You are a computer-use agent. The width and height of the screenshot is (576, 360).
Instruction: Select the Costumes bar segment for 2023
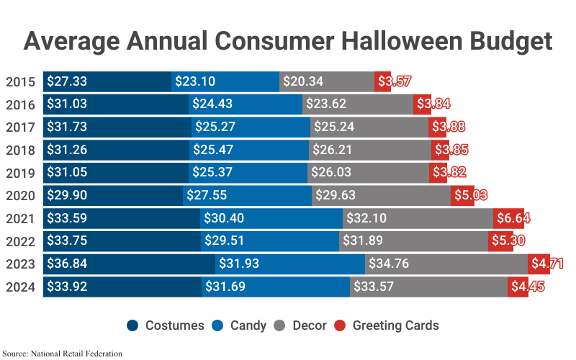[130, 264]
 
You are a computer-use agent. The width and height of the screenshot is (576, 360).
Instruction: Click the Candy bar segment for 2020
[247, 195]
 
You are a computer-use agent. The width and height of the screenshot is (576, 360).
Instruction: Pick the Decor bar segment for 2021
[418, 218]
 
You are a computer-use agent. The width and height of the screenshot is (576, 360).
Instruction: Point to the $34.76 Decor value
[389, 264]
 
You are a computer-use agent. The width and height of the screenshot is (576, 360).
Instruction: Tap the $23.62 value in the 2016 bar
[327, 104]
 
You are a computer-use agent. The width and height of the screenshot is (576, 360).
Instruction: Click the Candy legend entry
[240, 325]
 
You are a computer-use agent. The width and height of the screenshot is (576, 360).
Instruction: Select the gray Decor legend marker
[282, 325]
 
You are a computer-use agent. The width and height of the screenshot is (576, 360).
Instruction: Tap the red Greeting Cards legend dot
[341, 325]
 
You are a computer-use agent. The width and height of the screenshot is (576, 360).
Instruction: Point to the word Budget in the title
[508, 41]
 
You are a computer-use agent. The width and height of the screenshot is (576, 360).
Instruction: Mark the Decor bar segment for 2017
[369, 127]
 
